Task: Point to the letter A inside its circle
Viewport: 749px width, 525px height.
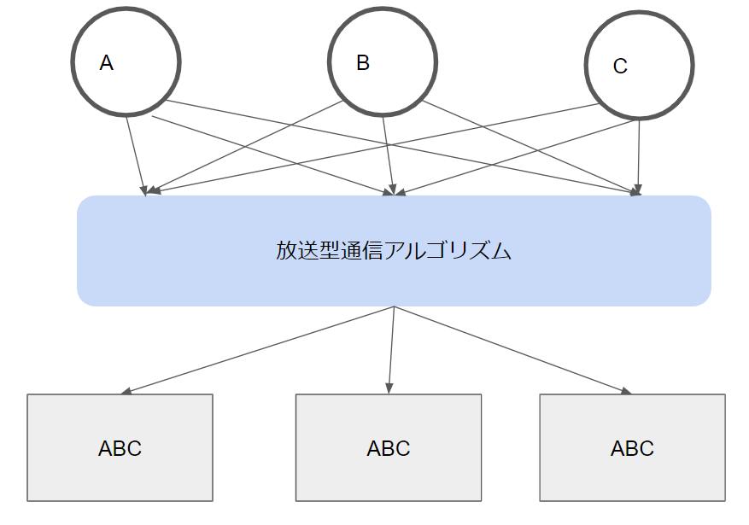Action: pyautogui.click(x=107, y=63)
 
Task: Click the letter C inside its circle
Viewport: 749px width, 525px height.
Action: pyautogui.click(x=620, y=66)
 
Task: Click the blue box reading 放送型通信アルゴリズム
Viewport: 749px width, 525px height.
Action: pyautogui.click(x=394, y=251)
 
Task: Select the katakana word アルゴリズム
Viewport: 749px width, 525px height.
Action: pyautogui.click(x=448, y=251)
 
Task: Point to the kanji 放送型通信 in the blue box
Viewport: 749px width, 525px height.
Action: pyautogui.click(x=330, y=251)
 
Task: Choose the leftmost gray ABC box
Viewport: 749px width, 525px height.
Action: pyautogui.click(x=120, y=447)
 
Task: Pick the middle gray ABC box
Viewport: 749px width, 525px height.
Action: pyautogui.click(x=389, y=447)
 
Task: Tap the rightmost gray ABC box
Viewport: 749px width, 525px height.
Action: pyautogui.click(x=633, y=447)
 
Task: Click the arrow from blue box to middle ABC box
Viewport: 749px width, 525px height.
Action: pyautogui.click(x=391, y=350)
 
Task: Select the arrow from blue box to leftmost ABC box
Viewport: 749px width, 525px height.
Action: pyautogui.click(x=257, y=350)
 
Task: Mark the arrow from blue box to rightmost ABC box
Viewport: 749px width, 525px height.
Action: pyautogui.click(x=513, y=350)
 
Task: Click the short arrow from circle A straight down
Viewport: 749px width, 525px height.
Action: pyautogui.click(x=136, y=156)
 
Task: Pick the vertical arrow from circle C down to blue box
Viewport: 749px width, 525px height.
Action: pyautogui.click(x=639, y=158)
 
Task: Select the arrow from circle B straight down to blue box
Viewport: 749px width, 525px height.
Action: pyautogui.click(x=388, y=156)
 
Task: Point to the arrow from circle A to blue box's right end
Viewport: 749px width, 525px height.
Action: pyautogui.click(x=402, y=147)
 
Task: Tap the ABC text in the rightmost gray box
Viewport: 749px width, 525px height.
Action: pyautogui.click(x=633, y=448)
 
